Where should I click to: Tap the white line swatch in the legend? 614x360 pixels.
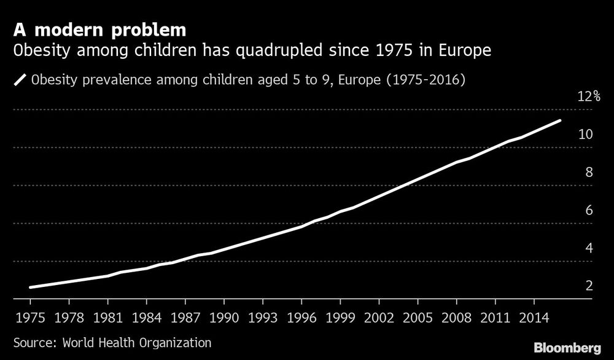(x=20, y=80)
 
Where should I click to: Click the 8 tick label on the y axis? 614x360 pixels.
(x=589, y=172)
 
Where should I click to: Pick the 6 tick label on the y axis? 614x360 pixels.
(x=589, y=210)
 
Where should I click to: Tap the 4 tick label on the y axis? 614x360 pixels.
(x=589, y=248)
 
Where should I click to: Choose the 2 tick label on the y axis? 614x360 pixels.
(x=589, y=286)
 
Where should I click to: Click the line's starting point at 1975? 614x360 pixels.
(x=30, y=287)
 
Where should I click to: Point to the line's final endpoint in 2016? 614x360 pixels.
(x=560, y=120)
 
